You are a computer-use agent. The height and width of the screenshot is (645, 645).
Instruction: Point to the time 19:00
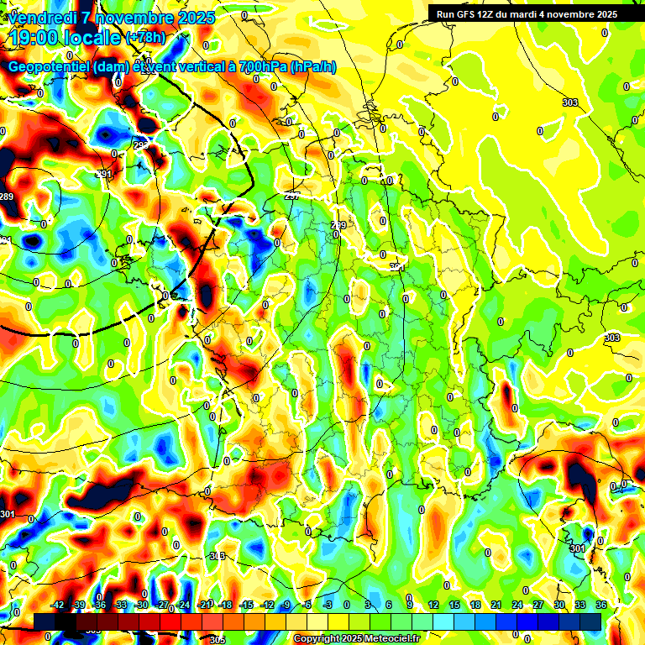tap(36, 38)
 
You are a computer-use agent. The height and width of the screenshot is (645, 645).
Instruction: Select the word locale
tap(93, 38)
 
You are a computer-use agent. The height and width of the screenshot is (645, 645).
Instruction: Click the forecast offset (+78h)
tap(145, 38)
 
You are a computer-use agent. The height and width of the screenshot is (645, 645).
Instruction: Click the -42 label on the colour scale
tap(57, 605)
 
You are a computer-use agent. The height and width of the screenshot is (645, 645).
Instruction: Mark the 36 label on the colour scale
tap(601, 605)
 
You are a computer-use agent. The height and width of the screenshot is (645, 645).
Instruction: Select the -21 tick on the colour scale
tap(204, 605)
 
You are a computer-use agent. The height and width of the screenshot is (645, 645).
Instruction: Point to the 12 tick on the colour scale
tap(433, 605)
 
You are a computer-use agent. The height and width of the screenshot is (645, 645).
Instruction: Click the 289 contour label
tap(7, 197)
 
